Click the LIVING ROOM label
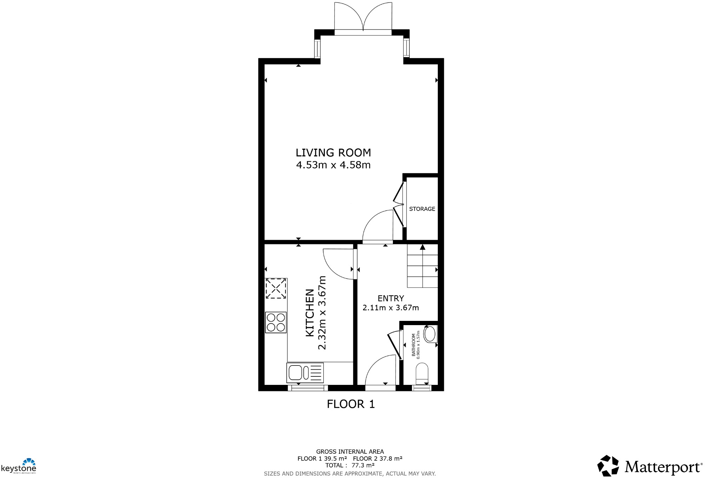[333, 153]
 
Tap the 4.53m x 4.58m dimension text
[333, 165]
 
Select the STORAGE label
[422, 209]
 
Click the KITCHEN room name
[310, 313]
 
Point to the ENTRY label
[391, 298]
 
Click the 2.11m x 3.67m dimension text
[391, 308]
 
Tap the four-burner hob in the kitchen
[276, 322]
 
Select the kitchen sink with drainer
[305, 373]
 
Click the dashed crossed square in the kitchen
[276, 289]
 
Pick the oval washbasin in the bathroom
[430, 334]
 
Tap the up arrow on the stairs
[423, 247]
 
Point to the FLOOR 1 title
[351, 404]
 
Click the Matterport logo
[650, 466]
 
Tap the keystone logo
[19, 466]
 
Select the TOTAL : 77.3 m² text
[350, 465]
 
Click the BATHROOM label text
[413, 345]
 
